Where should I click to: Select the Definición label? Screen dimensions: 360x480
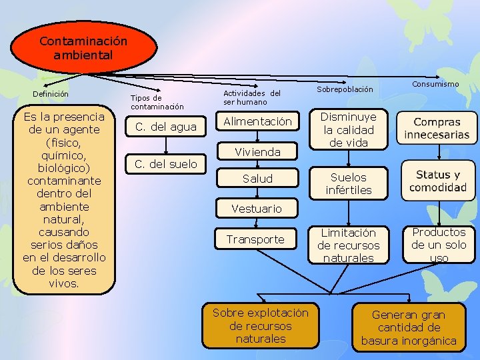coord(51,94)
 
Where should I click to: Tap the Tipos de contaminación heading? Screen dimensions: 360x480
coord(157,102)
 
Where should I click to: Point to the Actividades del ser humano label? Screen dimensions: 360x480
coord(251,97)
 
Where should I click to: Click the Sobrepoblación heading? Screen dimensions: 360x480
coord(345,89)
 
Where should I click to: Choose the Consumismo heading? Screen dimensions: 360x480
coord(435,84)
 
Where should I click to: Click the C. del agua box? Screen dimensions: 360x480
coord(166,127)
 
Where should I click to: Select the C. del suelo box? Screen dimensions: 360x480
coord(166,164)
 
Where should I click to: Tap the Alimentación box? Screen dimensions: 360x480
coord(257,121)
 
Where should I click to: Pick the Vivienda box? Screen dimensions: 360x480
coord(257,152)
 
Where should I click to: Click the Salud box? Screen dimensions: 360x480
coord(257,179)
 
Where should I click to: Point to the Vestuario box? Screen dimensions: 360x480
coord(257,209)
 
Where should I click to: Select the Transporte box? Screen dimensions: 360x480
coord(255,239)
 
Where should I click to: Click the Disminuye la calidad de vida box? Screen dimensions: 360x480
coord(348,129)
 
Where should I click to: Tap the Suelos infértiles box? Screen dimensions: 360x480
coord(348,183)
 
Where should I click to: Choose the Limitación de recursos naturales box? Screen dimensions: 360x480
coord(348,245)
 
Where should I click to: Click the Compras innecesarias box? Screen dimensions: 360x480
coord(437,128)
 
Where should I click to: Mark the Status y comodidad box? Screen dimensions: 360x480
coord(437,181)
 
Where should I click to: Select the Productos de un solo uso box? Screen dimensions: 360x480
coord(438,245)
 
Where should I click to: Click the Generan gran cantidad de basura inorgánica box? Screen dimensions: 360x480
coord(409,327)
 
